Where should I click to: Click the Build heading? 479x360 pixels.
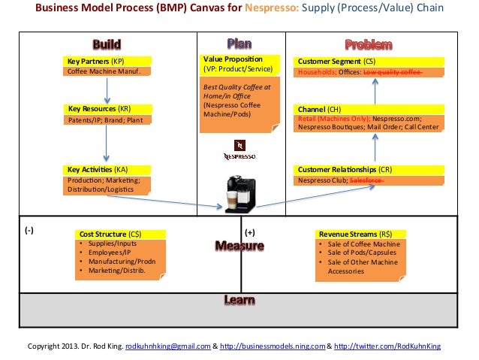[x=107, y=44]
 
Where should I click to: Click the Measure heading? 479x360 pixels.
[x=239, y=246]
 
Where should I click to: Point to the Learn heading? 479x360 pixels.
[x=239, y=301]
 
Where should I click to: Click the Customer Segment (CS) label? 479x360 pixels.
[x=337, y=60]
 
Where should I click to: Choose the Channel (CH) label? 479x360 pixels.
[x=319, y=109]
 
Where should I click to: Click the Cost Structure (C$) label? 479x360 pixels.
[x=110, y=234]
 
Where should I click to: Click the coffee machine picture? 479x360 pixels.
[x=239, y=192]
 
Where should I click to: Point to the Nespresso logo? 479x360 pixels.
[x=239, y=150]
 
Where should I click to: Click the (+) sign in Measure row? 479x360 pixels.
[x=250, y=233]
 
